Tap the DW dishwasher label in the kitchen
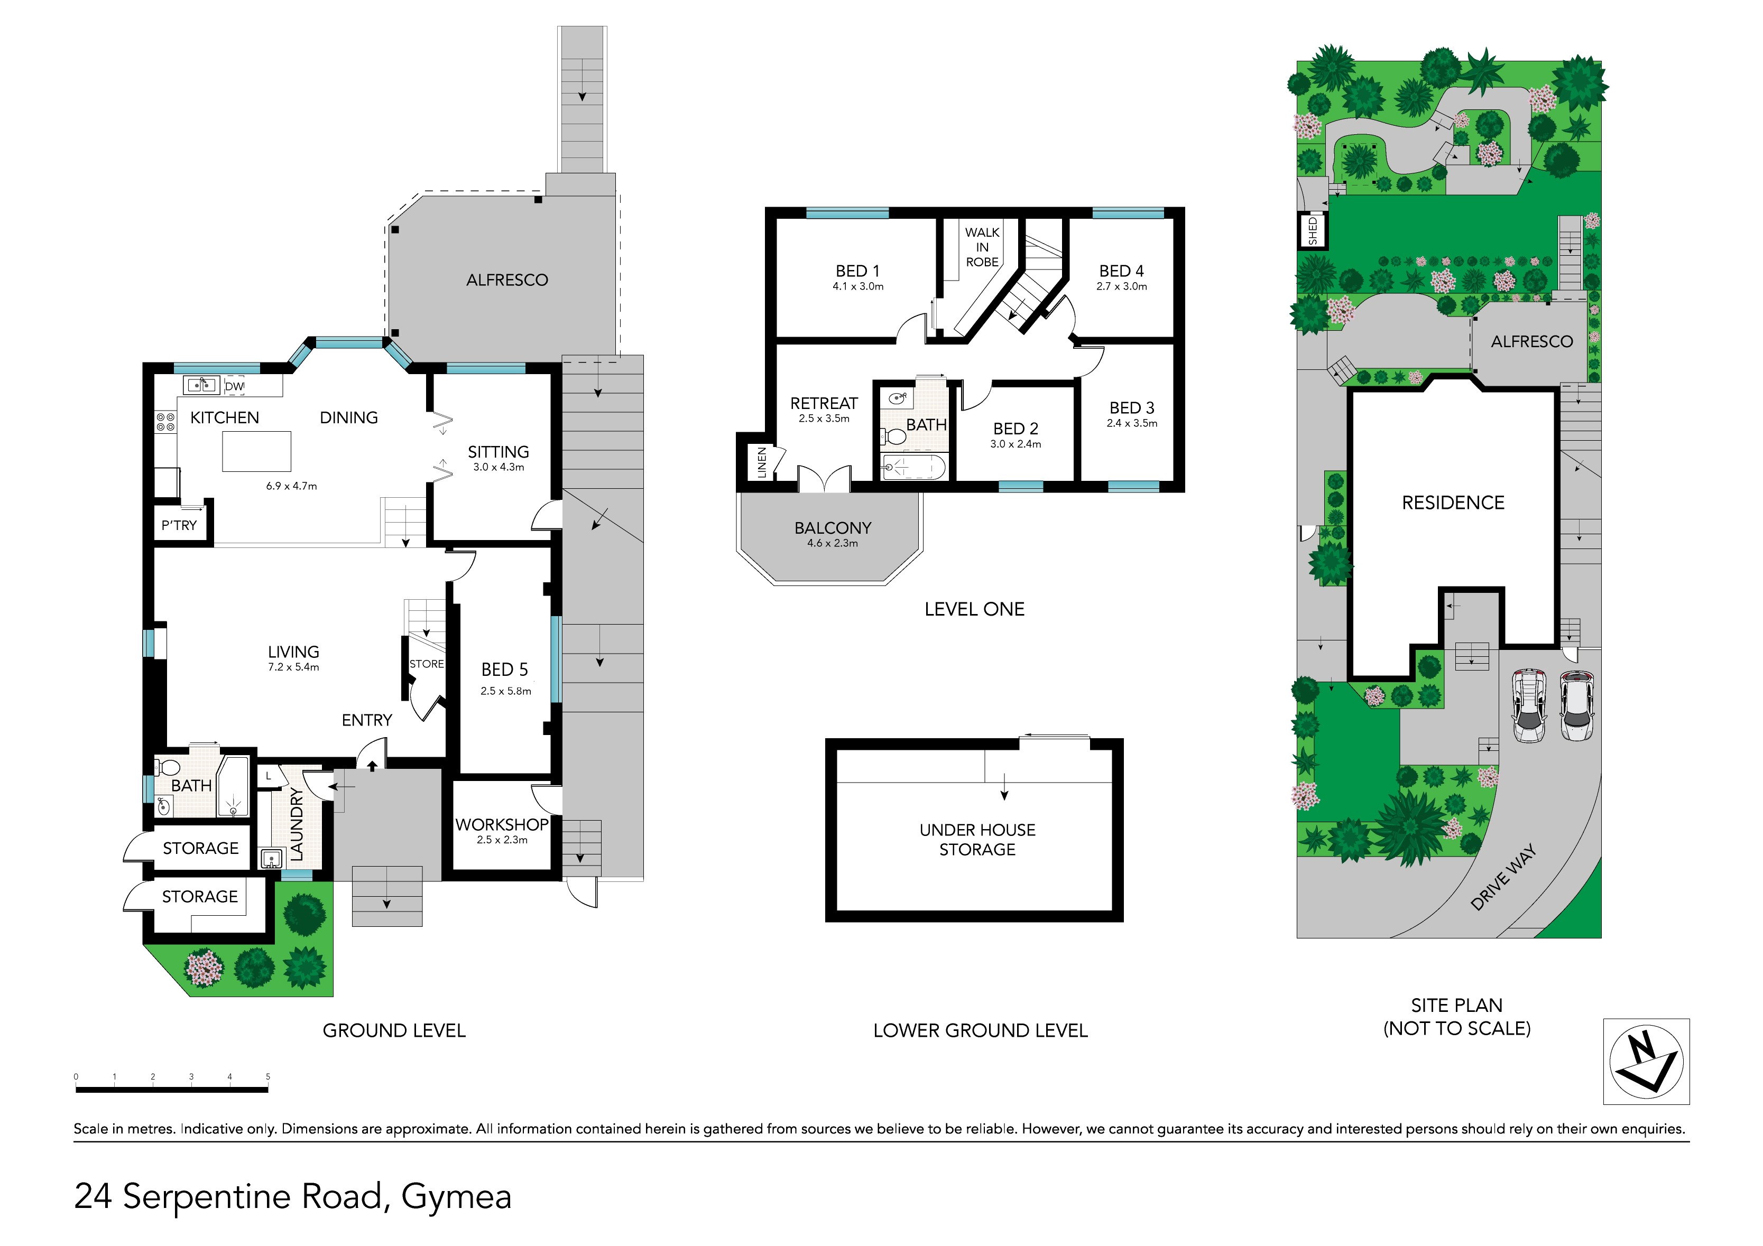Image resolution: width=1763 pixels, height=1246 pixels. pyautogui.click(x=235, y=387)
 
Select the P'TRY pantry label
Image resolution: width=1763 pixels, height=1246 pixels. pyautogui.click(x=179, y=525)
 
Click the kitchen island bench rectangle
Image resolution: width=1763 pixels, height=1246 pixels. pyautogui.click(x=256, y=451)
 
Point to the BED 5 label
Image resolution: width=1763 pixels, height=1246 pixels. pyautogui.click(x=504, y=670)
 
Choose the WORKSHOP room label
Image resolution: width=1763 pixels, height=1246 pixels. pyautogui.click(x=502, y=824)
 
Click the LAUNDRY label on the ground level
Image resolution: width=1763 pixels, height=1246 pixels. pyautogui.click(x=297, y=824)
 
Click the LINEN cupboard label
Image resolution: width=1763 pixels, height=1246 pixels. pyautogui.click(x=762, y=462)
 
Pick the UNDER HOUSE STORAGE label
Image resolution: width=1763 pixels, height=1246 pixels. pyautogui.click(x=977, y=839)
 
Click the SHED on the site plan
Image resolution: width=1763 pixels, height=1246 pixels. pyautogui.click(x=1312, y=230)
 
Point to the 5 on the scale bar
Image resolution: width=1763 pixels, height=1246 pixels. pyautogui.click(x=268, y=1076)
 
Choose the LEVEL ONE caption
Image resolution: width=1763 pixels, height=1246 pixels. pyautogui.click(x=974, y=610)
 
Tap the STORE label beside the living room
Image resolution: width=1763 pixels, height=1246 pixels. pyautogui.click(x=426, y=664)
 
